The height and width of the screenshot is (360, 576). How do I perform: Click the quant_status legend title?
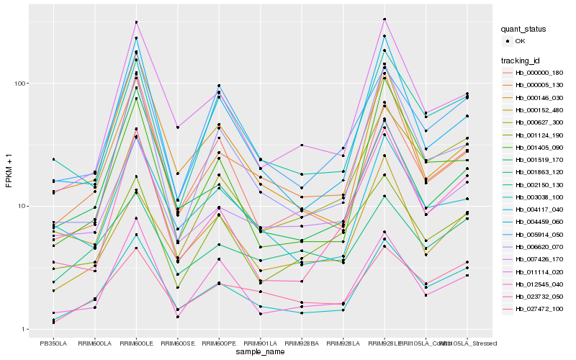[524, 30]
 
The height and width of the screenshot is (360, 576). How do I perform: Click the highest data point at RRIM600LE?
[136, 22]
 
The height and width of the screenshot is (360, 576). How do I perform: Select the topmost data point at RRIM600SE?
[178, 127]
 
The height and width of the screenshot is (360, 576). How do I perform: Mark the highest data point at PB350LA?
[53, 159]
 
